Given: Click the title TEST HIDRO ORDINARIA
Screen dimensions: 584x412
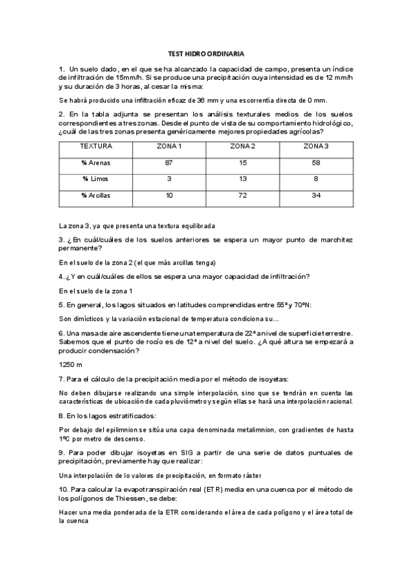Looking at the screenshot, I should point(206,53).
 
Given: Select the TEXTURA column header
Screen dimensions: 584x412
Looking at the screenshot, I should point(96,147).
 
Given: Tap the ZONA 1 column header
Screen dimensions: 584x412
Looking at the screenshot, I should point(169,147).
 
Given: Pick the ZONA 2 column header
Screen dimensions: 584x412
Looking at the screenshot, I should point(243,147).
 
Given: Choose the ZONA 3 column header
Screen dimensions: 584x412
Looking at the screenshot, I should point(317,147).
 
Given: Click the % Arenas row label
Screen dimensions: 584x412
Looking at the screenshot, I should point(96,163).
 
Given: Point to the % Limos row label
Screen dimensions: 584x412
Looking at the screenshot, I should point(96,179).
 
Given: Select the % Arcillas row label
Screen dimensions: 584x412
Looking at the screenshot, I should point(96,196).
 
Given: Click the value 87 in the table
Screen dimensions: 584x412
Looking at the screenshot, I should point(169,163).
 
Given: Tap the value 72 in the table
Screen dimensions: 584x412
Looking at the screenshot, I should point(243,196).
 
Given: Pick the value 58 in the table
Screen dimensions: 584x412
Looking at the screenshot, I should point(317,163).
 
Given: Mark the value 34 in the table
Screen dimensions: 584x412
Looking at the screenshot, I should point(317,196).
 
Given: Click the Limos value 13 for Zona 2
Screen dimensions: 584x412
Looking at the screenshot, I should point(243,179).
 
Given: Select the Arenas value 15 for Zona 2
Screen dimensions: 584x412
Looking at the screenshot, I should point(243,163).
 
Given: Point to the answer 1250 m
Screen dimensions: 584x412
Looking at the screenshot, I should point(71,364).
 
